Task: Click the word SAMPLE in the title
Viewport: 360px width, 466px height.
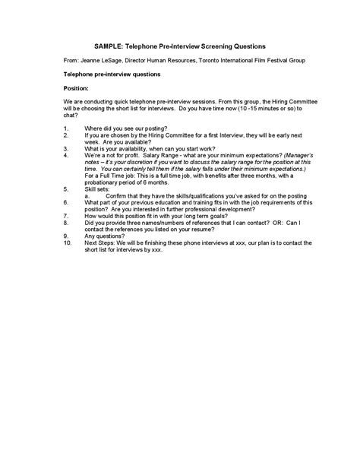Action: point(109,46)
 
